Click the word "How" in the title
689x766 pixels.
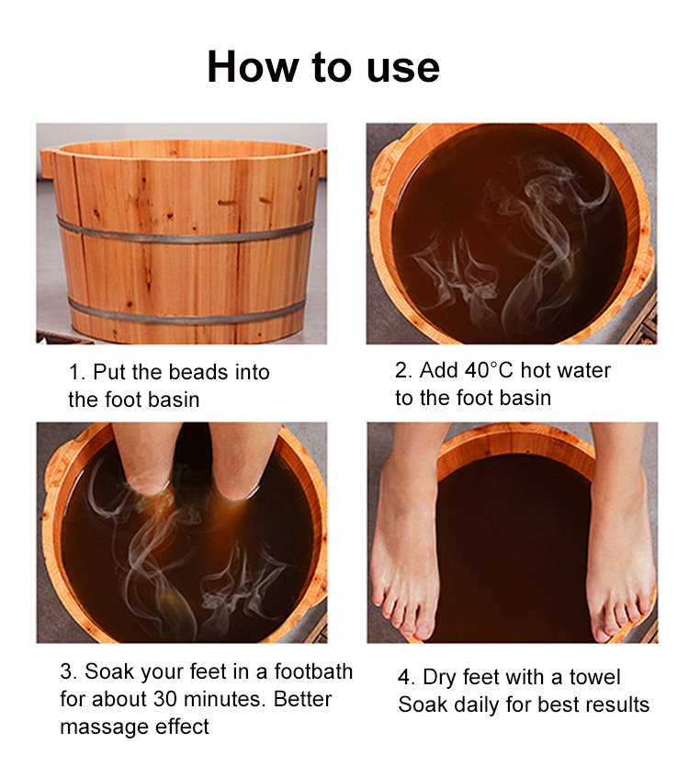tap(252, 67)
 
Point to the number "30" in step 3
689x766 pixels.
tap(164, 699)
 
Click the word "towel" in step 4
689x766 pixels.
tap(594, 678)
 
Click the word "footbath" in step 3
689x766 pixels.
tap(313, 671)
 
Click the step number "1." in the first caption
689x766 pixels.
tap(77, 373)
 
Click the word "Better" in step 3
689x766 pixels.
tap(302, 699)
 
